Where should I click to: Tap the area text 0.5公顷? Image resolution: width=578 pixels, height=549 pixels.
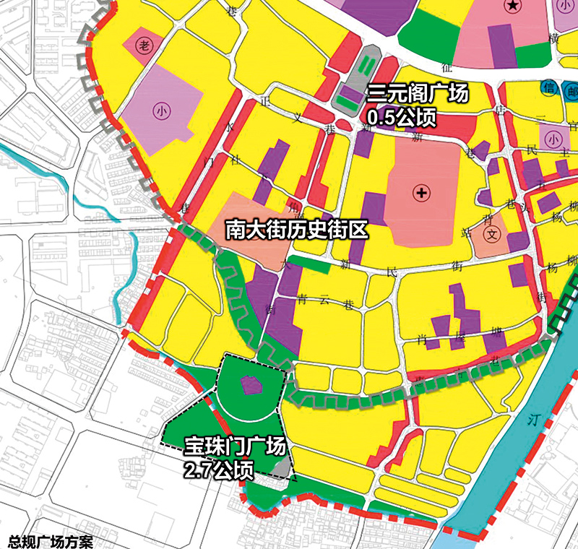click(x=402, y=117)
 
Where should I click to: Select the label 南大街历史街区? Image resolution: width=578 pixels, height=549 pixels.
click(x=297, y=229)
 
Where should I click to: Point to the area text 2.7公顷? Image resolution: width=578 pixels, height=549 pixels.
click(x=218, y=471)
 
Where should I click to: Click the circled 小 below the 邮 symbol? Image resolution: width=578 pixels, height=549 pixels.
click(x=554, y=138)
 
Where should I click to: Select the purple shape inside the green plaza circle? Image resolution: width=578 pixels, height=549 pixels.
click(x=251, y=385)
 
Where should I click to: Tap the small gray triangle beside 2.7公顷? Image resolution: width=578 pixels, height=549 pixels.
click(x=278, y=469)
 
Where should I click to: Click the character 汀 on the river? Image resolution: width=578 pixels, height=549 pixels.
click(x=534, y=420)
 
